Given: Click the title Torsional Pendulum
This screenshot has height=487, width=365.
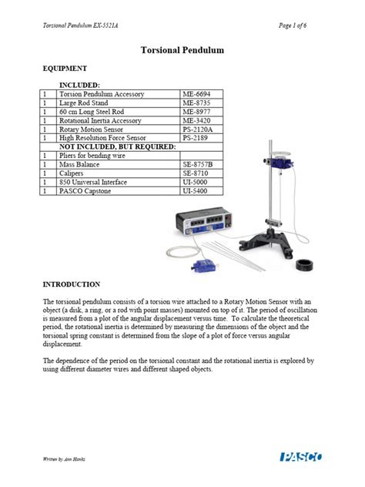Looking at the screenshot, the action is pos(182,49).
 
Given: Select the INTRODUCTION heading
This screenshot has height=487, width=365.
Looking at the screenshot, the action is pos(71,284).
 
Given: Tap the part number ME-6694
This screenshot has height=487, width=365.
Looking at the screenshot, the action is pos(196,94).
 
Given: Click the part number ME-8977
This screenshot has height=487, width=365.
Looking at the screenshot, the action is pos(196,113).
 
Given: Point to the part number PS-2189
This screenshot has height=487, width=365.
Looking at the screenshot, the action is pos(196,139).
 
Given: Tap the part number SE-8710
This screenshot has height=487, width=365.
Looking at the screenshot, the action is pos(196,174).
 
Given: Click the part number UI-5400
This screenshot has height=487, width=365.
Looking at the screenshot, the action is pos(196,191).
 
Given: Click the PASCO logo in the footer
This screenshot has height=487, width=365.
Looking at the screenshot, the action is pos(303,458).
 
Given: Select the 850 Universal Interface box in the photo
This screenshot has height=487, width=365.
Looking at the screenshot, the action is pos(199,227).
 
